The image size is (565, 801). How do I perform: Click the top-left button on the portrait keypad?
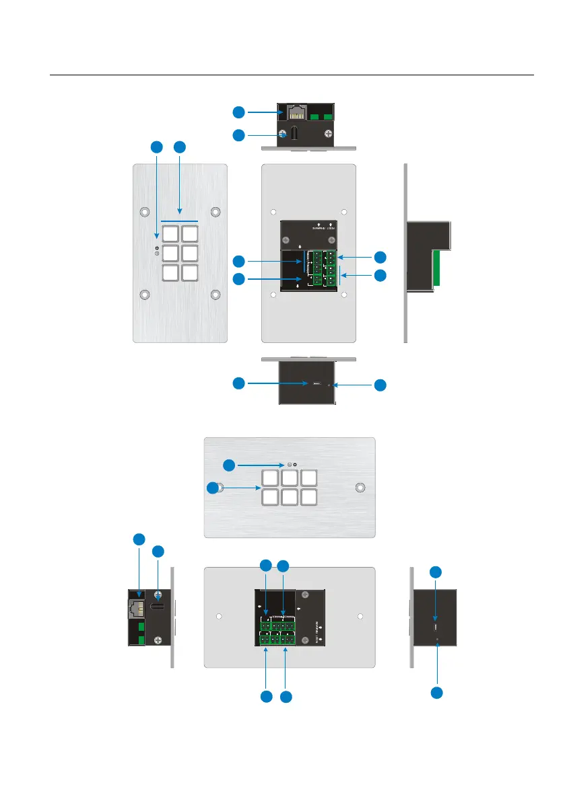tap(171, 233)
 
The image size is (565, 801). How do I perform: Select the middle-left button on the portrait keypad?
tap(171, 253)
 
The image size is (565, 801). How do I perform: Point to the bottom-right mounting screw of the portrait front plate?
tap(215, 295)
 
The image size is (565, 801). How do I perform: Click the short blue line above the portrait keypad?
tap(179, 220)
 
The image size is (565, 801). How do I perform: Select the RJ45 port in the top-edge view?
tap(296, 112)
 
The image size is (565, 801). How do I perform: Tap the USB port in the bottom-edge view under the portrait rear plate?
tap(315, 385)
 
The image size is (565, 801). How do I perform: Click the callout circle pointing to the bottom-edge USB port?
tap(238, 383)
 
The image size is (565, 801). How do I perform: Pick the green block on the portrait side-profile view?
tap(436, 268)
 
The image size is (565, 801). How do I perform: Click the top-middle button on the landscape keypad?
tap(290, 478)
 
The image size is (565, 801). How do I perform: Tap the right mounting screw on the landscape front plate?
tap(361, 488)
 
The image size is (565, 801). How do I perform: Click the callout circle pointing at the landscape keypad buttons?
tap(213, 489)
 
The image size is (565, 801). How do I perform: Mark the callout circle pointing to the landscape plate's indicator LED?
tap(230, 465)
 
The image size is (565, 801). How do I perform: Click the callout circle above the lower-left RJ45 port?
tap(139, 539)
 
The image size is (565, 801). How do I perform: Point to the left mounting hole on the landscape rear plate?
tap(219, 617)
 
